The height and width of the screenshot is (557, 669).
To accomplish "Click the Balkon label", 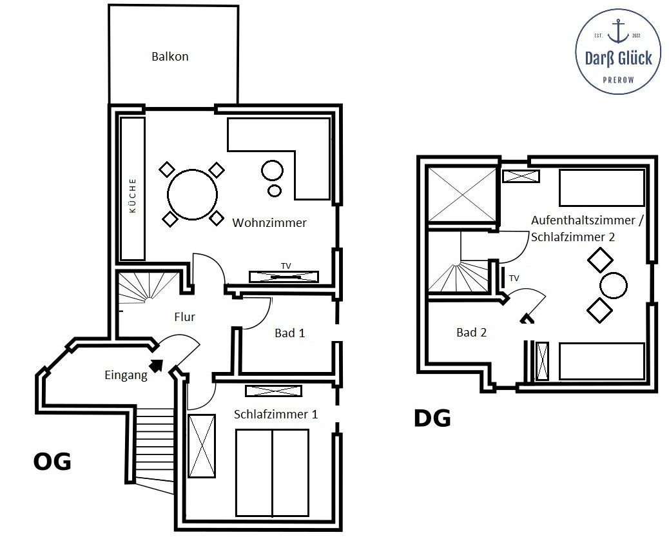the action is point(170,56).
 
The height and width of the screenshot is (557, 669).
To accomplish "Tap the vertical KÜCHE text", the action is point(133,195).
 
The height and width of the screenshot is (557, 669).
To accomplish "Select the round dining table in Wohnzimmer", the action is point(193,195).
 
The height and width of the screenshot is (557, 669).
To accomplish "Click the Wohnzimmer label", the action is point(269,222).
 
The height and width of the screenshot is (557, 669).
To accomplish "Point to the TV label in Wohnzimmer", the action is point(286,266).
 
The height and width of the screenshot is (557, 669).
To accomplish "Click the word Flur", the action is point(184,317).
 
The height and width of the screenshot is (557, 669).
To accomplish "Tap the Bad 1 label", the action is point(289,333).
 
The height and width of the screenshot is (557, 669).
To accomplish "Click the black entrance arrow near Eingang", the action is point(157,366).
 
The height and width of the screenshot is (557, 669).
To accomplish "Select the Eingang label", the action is point(126,375).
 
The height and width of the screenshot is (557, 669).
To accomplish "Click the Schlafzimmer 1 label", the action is point(276,414).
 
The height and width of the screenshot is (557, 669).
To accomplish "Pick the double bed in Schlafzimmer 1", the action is point(272,473).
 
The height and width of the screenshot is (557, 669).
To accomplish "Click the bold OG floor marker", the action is point(52,462).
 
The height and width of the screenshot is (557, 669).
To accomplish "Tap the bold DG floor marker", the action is point(432,418).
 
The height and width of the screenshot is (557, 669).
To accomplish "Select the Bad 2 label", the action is point(471,333).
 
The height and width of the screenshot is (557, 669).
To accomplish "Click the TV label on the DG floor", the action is point(514,278).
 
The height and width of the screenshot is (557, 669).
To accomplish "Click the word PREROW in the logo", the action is point(618,80).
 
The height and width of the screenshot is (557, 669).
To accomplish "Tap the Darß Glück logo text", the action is point(618,59).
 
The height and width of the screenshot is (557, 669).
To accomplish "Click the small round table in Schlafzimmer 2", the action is point(613,285).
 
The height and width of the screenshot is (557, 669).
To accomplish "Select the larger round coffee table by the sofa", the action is point(272,170).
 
